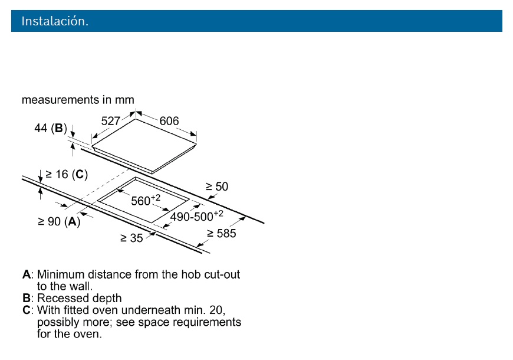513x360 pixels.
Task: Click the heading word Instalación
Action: [x=55, y=21]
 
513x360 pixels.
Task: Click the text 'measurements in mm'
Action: [x=78, y=100]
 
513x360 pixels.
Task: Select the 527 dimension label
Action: [x=111, y=121]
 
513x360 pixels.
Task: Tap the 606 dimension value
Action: [x=169, y=121]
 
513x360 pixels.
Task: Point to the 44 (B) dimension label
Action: [x=51, y=127]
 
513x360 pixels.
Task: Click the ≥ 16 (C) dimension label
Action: [x=67, y=174]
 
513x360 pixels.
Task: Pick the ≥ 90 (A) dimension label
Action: [x=59, y=221]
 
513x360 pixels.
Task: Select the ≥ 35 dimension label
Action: [x=131, y=238]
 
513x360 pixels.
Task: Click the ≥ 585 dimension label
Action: [x=222, y=233]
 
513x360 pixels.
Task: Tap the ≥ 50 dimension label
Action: [x=217, y=186]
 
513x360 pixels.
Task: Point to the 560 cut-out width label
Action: [x=146, y=200]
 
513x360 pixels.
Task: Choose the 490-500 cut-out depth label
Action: [x=196, y=216]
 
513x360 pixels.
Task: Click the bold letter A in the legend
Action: [x=27, y=274]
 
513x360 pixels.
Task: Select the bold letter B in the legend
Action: [x=27, y=298]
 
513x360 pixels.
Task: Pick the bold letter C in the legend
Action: [x=27, y=310]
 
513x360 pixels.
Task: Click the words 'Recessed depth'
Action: [x=80, y=298]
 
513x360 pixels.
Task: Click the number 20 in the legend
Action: [x=216, y=310]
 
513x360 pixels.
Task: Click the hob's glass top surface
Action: [x=144, y=143]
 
